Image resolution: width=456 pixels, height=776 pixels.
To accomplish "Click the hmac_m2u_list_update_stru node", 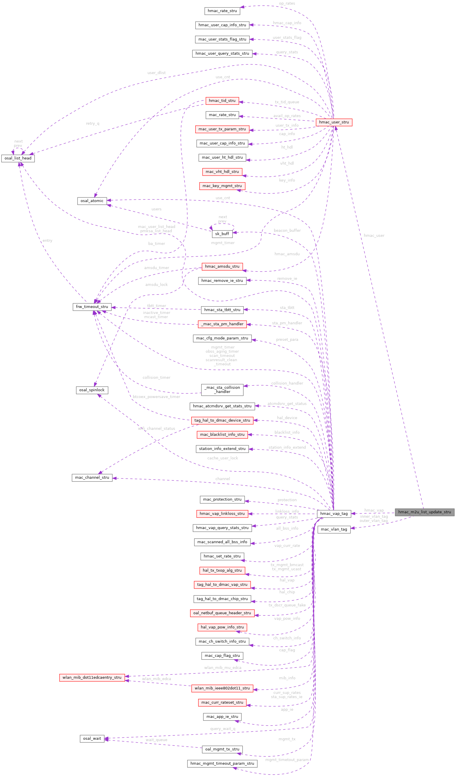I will tap(424, 512).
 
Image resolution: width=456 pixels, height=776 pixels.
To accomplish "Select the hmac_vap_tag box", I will tap(334, 513).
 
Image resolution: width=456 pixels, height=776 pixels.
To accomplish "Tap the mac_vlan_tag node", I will tap(334, 529).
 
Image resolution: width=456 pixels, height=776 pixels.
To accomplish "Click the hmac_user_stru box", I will tap(334, 122).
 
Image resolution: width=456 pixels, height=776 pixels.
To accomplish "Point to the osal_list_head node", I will tap(18, 158).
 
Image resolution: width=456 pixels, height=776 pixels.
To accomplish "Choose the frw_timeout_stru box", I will tap(92, 307).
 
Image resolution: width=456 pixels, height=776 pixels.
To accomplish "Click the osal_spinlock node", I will tap(92, 390).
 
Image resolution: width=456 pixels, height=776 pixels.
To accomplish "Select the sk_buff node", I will tap(222, 234).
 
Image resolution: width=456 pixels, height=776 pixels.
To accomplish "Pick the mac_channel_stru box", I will tap(92, 477).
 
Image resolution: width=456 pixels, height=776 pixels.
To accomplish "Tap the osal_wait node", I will tap(92, 738).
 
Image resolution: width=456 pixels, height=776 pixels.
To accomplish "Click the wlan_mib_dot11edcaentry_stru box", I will tap(92, 677).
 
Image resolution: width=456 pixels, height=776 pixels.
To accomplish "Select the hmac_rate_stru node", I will tap(222, 11).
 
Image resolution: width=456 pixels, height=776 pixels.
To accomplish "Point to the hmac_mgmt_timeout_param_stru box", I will tap(222, 763).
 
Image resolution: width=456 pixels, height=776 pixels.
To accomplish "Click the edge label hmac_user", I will tap(374, 235).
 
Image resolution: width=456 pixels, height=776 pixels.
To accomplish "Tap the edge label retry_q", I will tap(92, 123).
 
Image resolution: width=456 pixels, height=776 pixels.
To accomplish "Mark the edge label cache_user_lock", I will tap(222, 458).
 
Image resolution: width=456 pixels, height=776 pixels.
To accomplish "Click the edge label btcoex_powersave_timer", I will tap(156, 397).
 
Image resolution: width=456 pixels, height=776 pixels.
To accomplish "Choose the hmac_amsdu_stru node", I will tap(222, 266).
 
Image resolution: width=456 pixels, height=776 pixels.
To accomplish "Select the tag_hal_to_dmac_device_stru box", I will tap(222, 420).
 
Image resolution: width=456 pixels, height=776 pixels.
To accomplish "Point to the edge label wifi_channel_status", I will tap(156, 428).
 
